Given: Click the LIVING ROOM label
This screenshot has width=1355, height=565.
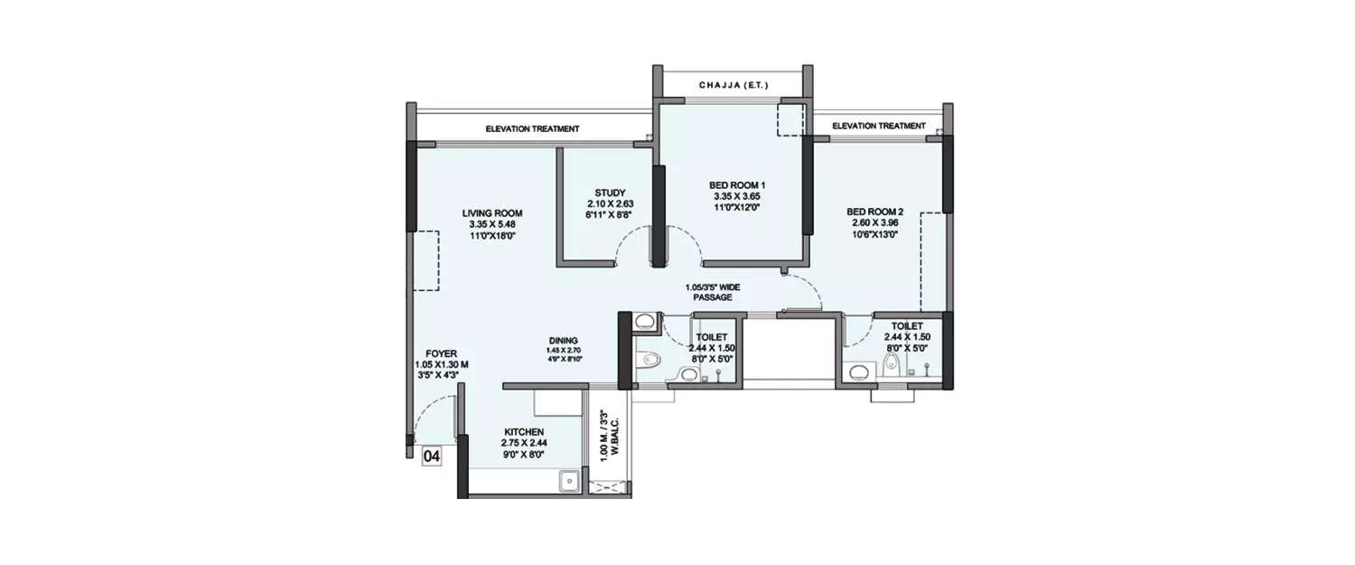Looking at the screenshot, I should click(491, 212).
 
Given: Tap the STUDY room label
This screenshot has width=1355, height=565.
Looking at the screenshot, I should click(610, 193).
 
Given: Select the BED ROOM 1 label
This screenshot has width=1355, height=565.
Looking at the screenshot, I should click(736, 184).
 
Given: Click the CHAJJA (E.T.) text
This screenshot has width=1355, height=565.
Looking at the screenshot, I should click(733, 85).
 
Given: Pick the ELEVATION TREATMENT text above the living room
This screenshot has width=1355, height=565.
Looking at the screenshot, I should click(532, 129).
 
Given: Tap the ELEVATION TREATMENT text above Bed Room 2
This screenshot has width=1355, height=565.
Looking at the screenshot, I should click(878, 126).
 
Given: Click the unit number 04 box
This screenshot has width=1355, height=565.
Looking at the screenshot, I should click(432, 457).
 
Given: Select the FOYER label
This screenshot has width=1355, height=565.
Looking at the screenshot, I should click(443, 353).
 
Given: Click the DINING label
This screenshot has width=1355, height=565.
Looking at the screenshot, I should click(562, 341).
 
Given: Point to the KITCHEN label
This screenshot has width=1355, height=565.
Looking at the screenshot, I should click(524, 432).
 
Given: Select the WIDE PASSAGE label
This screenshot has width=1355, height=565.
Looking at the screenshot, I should click(712, 292).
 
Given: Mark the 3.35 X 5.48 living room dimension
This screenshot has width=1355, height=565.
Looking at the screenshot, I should click(491, 224).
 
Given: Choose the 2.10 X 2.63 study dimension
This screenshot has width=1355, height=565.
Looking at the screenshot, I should click(610, 204).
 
